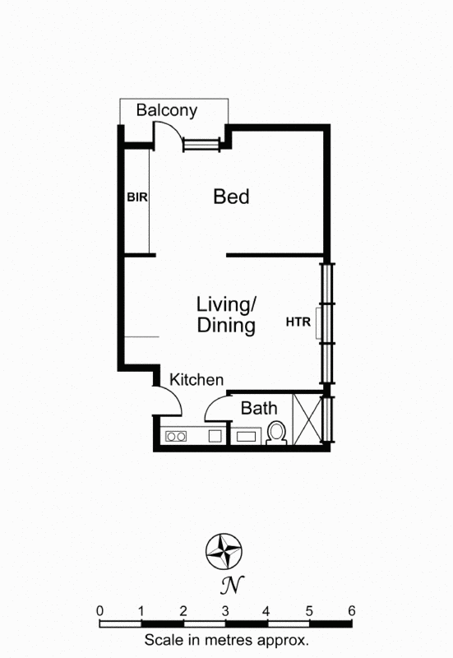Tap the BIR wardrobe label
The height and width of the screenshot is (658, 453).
coord(136,197)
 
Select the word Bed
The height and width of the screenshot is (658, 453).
coord(231,197)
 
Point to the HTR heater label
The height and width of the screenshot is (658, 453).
coord(298,322)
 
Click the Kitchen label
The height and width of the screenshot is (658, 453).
coord(196,380)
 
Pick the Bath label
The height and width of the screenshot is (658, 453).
coord(259,407)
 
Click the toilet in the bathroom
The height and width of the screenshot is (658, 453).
coord(277,433)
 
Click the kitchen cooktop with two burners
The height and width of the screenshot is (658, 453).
coord(175,437)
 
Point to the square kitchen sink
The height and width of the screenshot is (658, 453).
coord(216,437)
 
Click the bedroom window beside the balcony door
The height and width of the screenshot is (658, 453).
coord(202,145)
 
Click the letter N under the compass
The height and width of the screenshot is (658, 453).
coord(225,586)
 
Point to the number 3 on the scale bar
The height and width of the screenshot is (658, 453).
coord(225,610)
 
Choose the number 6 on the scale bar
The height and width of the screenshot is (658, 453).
coord(351,610)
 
